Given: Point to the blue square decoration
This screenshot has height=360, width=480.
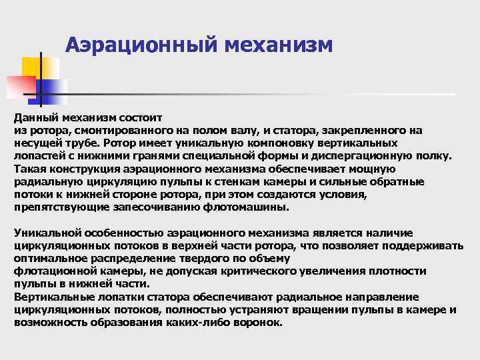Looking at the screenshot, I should [x=52, y=89].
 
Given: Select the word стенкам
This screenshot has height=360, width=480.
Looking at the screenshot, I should [x=287, y=182].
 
